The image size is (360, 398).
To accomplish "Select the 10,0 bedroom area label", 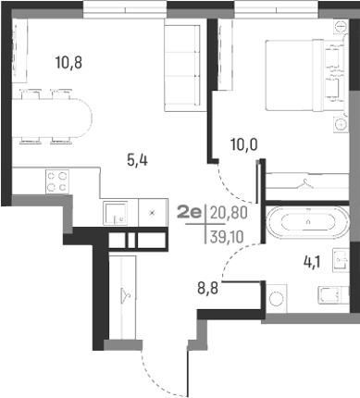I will click(x=243, y=143).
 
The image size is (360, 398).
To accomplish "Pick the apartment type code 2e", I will click(x=191, y=213).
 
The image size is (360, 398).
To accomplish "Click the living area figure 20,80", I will click(x=229, y=213).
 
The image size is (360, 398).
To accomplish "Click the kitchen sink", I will click(x=114, y=213).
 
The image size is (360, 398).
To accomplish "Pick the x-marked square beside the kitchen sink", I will click(x=151, y=213).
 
